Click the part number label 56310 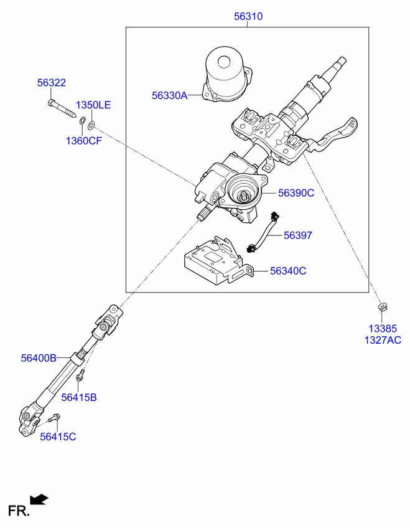coord(248,16)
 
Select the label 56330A coord(169,95)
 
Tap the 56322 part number coord(52,82)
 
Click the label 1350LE coord(93,105)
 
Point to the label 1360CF coord(84,141)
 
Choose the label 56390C coord(296,193)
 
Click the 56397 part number coord(298,235)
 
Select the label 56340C coord(288,271)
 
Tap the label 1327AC coord(383,340)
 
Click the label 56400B coord(39,357)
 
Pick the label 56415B coord(79,397)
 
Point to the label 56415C coord(58,436)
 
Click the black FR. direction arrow coord(39,499)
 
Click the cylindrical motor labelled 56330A coord(227,74)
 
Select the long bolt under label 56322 coord(62,109)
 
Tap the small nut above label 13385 coord(382,306)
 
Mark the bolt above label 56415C coord(54,418)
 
